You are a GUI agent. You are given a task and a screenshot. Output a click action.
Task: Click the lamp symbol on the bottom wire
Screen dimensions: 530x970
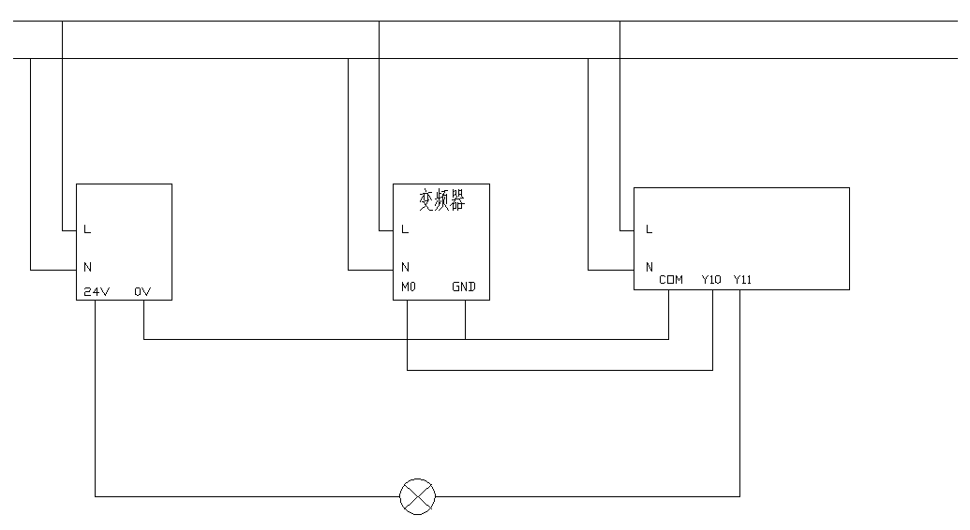click(x=418, y=496)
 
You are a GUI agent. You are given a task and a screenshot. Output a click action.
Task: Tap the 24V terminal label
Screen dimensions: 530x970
click(x=97, y=291)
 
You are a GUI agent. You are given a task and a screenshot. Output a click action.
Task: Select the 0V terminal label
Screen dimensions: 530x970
click(x=142, y=291)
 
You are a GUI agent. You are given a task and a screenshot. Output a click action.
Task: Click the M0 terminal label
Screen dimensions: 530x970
click(x=408, y=287)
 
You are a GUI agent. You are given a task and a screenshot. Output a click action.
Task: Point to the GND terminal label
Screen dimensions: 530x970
click(x=464, y=287)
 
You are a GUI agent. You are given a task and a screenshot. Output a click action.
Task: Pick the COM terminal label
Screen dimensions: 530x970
click(x=671, y=279)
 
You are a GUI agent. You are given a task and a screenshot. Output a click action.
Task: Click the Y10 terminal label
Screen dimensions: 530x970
click(x=711, y=279)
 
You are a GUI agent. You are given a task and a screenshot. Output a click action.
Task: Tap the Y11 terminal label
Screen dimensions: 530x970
click(x=742, y=279)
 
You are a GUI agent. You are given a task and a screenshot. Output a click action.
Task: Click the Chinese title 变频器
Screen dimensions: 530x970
click(x=441, y=200)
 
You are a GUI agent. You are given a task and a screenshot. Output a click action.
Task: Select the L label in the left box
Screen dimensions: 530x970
click(x=87, y=229)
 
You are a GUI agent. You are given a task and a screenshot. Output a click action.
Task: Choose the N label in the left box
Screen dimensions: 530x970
click(x=87, y=268)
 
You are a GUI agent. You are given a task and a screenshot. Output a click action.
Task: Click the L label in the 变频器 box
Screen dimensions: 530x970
click(x=405, y=229)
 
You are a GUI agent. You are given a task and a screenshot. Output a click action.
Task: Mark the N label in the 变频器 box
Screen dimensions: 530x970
click(x=405, y=268)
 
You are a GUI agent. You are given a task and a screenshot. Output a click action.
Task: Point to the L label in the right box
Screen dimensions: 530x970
click(x=649, y=229)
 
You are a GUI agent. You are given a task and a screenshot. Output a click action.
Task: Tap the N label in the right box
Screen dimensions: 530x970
click(x=649, y=268)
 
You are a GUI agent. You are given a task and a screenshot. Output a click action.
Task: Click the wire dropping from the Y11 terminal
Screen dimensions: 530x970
click(x=739, y=393)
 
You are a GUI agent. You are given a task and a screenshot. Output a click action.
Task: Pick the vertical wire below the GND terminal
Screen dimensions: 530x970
click(x=465, y=319)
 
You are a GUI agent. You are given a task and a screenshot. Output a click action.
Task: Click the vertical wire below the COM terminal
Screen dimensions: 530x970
click(x=668, y=315)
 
